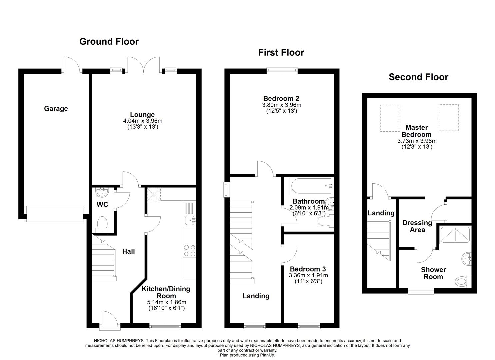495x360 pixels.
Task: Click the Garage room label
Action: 56,109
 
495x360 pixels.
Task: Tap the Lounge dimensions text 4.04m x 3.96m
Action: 142,121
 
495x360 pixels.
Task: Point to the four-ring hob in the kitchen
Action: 189,251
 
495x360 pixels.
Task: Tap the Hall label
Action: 128,251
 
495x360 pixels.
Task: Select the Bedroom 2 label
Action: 281,98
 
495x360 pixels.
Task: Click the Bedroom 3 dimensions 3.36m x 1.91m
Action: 308,275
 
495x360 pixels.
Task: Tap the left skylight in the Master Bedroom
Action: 390,118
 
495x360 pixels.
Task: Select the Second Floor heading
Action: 418,77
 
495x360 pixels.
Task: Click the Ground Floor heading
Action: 109,41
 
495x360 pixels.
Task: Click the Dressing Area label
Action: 417,226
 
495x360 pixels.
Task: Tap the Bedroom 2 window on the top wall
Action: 282,70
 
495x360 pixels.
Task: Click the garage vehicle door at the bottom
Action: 55,214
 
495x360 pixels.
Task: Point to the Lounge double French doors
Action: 143,65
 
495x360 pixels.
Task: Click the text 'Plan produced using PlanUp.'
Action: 247,355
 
